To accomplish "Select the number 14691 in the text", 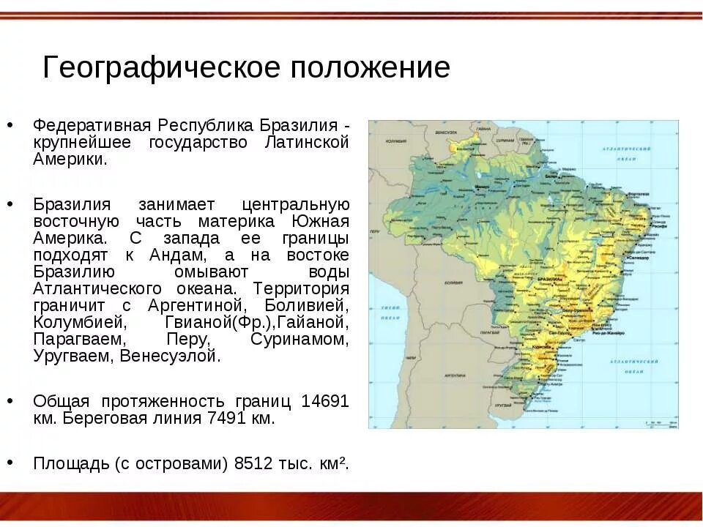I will point(324,401).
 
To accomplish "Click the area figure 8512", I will point(256,463).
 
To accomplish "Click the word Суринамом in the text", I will point(299,340).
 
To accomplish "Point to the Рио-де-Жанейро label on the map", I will point(611,334).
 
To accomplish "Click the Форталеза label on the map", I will point(639,193).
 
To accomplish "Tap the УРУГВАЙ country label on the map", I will point(502,404).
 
